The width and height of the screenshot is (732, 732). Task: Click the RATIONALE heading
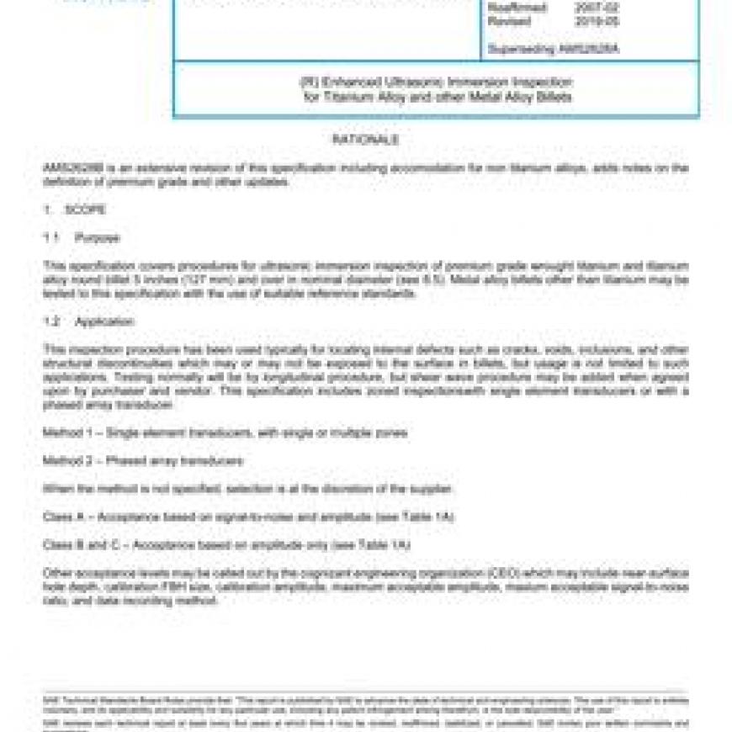tap(365, 140)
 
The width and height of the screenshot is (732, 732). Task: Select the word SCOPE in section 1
tap(85, 210)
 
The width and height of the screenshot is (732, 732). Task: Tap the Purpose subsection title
tap(97, 238)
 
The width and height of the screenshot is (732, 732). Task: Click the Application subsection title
tap(104, 321)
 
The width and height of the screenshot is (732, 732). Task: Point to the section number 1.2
tap(50, 321)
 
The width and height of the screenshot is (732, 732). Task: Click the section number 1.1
tap(50, 238)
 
